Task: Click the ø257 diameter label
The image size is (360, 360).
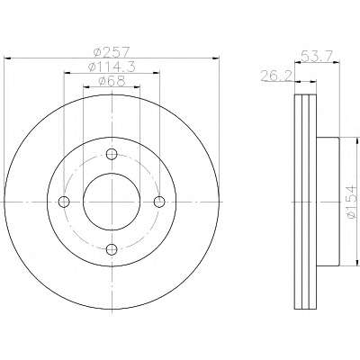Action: [x=112, y=53]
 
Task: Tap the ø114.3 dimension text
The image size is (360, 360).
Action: [x=112, y=67]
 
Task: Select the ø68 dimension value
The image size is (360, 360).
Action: [x=112, y=81]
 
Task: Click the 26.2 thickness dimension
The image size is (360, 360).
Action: [x=276, y=76]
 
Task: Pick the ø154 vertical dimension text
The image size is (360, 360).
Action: [x=351, y=202]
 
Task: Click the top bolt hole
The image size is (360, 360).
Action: [x=112, y=155]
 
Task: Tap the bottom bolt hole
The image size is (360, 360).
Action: [x=112, y=248]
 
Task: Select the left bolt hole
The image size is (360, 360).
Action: [x=64, y=202]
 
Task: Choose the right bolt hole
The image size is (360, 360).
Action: [x=159, y=202]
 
